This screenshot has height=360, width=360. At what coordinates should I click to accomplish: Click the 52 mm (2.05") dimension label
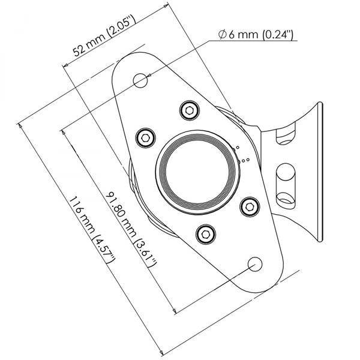[104, 36]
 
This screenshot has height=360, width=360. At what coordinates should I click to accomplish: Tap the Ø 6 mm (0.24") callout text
[256, 35]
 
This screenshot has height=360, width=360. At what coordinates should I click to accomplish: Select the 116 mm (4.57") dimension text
[92, 230]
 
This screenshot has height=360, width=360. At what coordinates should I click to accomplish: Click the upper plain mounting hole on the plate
[140, 80]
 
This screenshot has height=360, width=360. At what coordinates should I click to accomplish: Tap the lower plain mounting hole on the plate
[255, 264]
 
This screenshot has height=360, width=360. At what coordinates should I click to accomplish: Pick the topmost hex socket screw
[190, 110]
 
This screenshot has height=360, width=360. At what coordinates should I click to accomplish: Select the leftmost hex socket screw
[146, 138]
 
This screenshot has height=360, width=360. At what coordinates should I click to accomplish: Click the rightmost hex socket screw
[250, 207]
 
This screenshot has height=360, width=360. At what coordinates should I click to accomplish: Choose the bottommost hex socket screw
[206, 235]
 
